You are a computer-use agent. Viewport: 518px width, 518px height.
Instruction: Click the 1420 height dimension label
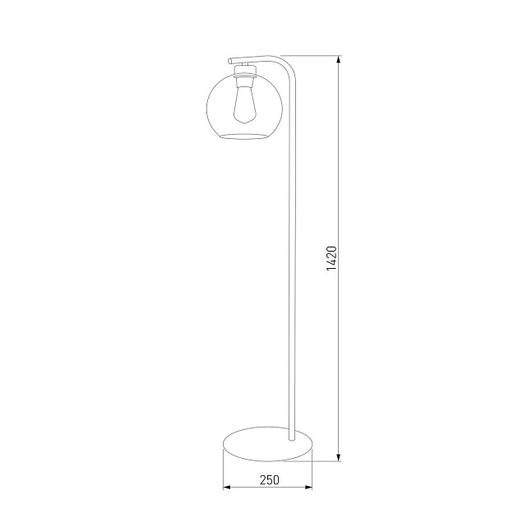pos(331,258)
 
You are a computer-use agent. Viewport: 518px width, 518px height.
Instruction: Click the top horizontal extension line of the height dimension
pos(312,56)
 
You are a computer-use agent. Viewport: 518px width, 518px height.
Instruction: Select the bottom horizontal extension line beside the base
pos(325,461)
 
